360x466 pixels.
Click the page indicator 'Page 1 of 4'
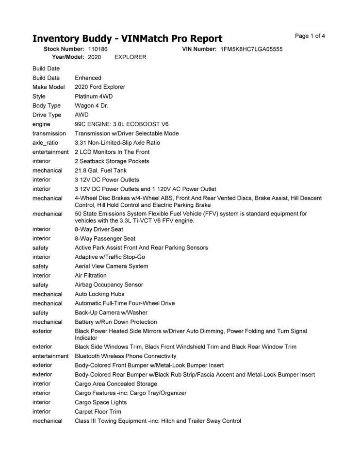coord(310,36)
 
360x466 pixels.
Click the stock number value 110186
coord(98,49)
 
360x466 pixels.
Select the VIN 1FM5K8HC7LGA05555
coord(251,49)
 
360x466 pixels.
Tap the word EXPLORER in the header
coord(130,57)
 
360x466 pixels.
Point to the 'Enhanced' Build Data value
coord(88,78)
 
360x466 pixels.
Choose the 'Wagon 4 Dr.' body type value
coord(92,105)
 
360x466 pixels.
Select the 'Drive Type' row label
coord(47,115)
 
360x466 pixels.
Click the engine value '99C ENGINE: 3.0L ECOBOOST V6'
coord(122,124)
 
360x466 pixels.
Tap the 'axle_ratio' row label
coord(46,143)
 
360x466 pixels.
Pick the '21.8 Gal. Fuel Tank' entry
coord(100,170)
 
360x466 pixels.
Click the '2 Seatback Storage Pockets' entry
coord(112,161)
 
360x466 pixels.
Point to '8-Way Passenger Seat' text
coord(105,238)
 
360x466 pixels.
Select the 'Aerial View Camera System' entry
coord(112,266)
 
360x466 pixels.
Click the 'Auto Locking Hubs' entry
coord(99,294)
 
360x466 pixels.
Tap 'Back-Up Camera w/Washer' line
coord(111,313)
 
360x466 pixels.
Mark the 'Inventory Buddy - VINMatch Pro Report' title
coord(127,39)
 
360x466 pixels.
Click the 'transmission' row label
coord(49,133)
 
